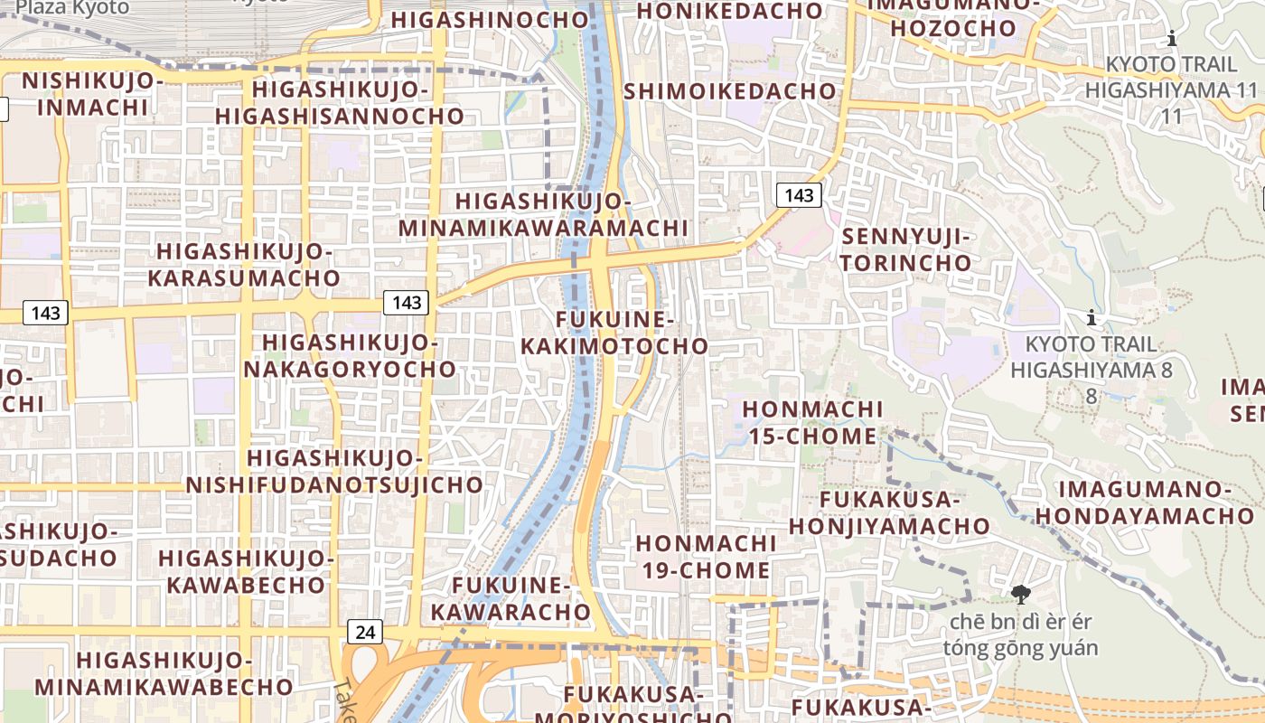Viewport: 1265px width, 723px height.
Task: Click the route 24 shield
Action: pyautogui.click(x=364, y=631)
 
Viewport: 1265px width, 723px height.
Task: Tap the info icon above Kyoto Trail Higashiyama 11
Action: pyautogui.click(x=1172, y=38)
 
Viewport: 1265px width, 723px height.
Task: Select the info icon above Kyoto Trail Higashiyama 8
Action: pyautogui.click(x=1092, y=317)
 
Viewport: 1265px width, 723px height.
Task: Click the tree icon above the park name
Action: pyautogui.click(x=1021, y=595)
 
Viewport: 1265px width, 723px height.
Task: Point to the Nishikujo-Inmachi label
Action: pyautogui.click(x=92, y=94)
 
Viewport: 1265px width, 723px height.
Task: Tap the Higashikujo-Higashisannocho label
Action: pyautogui.click(x=340, y=103)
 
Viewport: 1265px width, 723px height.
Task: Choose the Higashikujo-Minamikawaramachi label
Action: pyautogui.click(x=543, y=215)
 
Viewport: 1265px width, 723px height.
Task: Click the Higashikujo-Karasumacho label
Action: pyautogui.click(x=244, y=265)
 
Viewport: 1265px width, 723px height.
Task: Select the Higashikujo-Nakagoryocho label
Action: pyautogui.click(x=350, y=356)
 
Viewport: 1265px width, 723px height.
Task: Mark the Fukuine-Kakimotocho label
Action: pyautogui.click(x=614, y=333)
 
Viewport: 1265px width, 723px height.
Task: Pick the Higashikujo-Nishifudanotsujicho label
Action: pyautogui.click(x=334, y=471)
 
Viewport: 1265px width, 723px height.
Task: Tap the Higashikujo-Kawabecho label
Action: pyautogui.click(x=247, y=571)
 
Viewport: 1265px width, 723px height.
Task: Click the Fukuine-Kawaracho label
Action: pyautogui.click(x=511, y=598)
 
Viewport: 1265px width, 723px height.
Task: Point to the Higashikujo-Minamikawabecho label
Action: pyautogui.click(x=164, y=673)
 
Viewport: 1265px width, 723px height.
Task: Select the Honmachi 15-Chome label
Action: pyautogui.click(x=811, y=423)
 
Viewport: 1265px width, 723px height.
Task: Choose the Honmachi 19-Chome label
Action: pyautogui.click(x=706, y=557)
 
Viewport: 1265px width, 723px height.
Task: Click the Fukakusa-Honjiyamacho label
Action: pyautogui.click(x=889, y=512)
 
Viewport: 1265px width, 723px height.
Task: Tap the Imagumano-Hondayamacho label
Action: pyautogui.click(x=1145, y=502)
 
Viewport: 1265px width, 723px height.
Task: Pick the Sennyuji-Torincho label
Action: pyautogui.click(x=906, y=250)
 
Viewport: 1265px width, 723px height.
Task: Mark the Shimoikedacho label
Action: pyautogui.click(x=730, y=91)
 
